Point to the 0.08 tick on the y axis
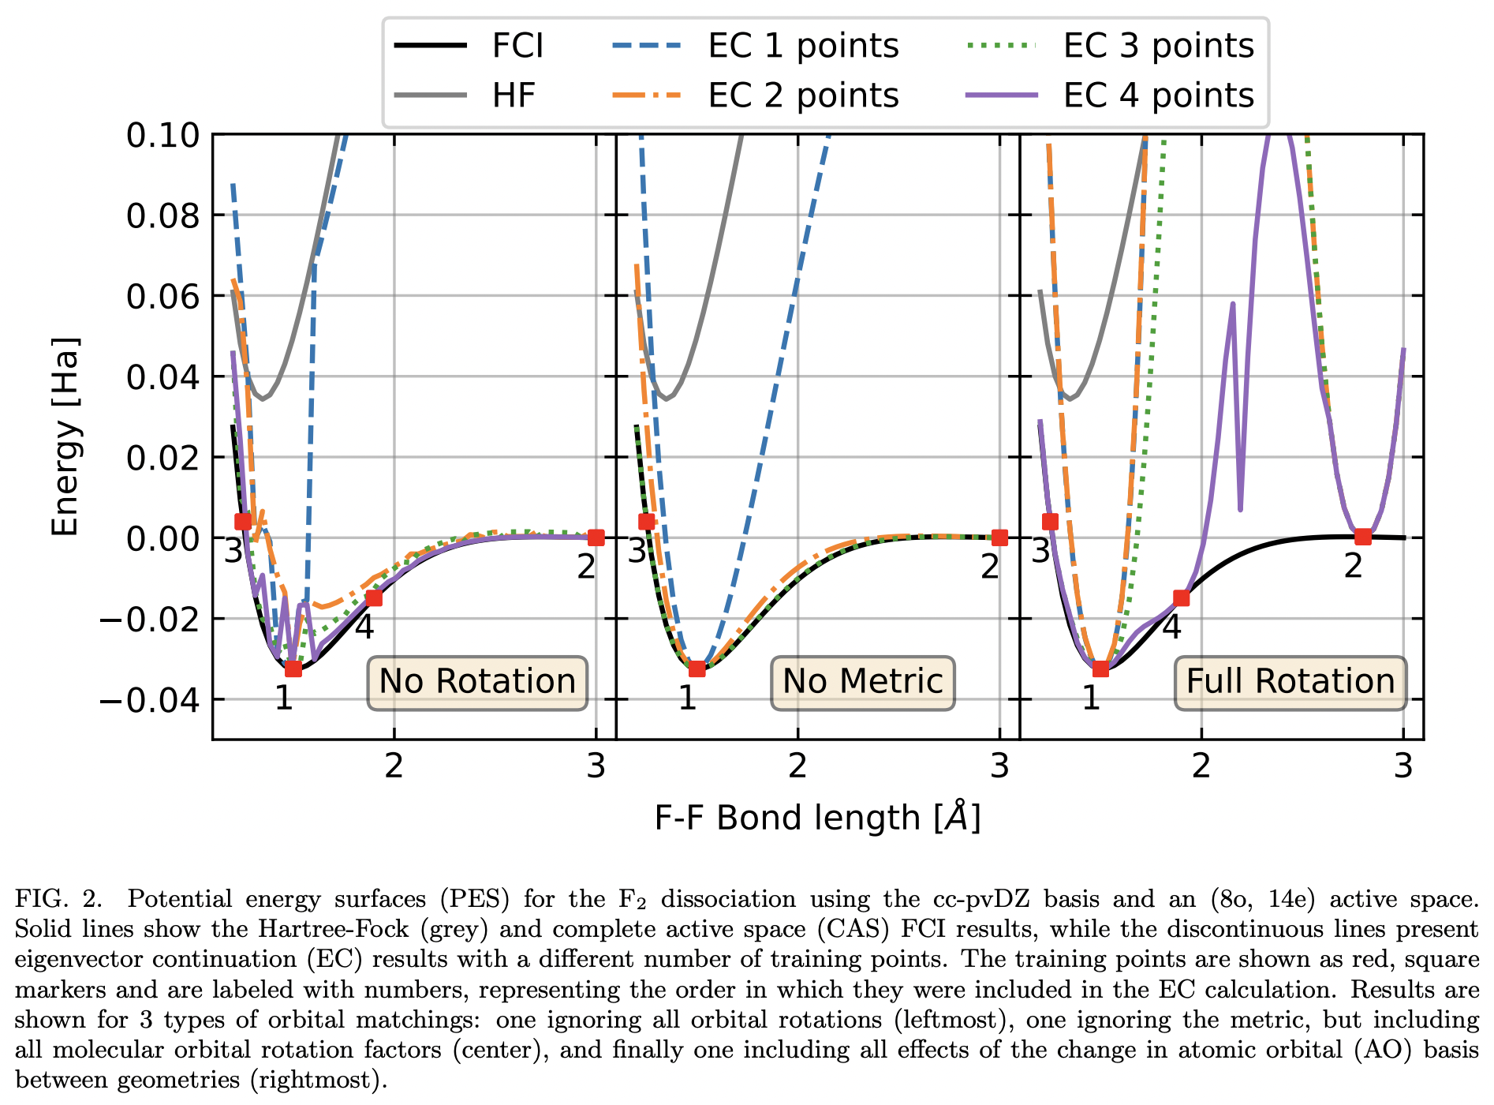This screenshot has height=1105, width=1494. [163, 215]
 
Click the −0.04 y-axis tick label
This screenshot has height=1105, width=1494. [150, 699]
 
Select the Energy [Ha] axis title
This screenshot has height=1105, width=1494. [65, 436]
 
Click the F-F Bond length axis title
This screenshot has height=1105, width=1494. [817, 818]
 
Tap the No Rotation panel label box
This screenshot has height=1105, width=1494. [477, 682]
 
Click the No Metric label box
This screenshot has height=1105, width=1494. [862, 682]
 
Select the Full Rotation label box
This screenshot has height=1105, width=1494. [1290, 682]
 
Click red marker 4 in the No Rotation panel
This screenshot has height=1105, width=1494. [374, 598]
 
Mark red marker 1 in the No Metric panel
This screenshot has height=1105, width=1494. [697, 669]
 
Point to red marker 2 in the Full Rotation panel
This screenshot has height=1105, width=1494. [1362, 537]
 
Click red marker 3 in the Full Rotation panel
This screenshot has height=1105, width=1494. [1050, 521]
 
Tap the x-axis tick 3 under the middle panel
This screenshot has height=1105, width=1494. [999, 766]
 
